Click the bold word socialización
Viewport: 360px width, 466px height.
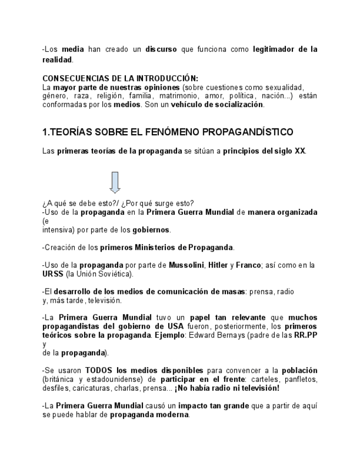[x=237, y=104]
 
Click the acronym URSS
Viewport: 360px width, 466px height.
[x=53, y=274]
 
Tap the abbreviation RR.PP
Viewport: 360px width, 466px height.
[x=306, y=335]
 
